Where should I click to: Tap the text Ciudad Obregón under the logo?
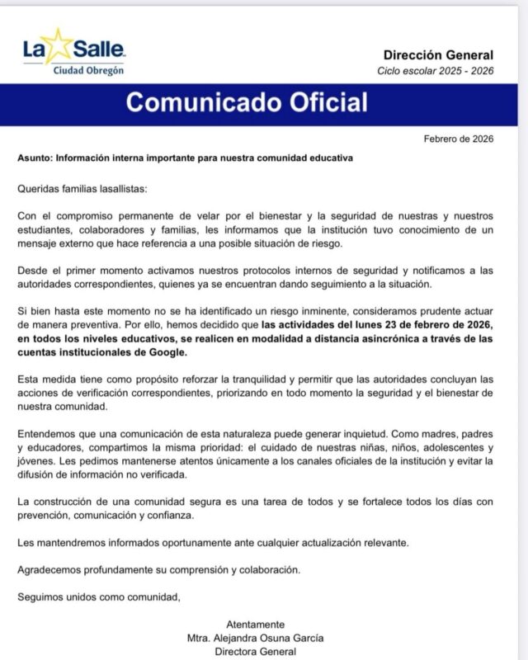tap(88, 70)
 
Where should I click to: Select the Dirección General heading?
tap(445, 55)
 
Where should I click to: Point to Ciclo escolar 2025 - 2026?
tap(436, 71)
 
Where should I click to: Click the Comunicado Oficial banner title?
tap(247, 103)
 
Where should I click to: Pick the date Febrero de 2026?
tap(458, 138)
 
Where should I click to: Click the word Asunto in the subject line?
tap(35, 157)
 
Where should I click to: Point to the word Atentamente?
tap(255, 623)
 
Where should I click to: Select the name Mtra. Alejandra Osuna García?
tap(255, 637)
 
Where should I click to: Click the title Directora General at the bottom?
tap(255, 651)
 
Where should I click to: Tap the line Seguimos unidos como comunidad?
tap(98, 596)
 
